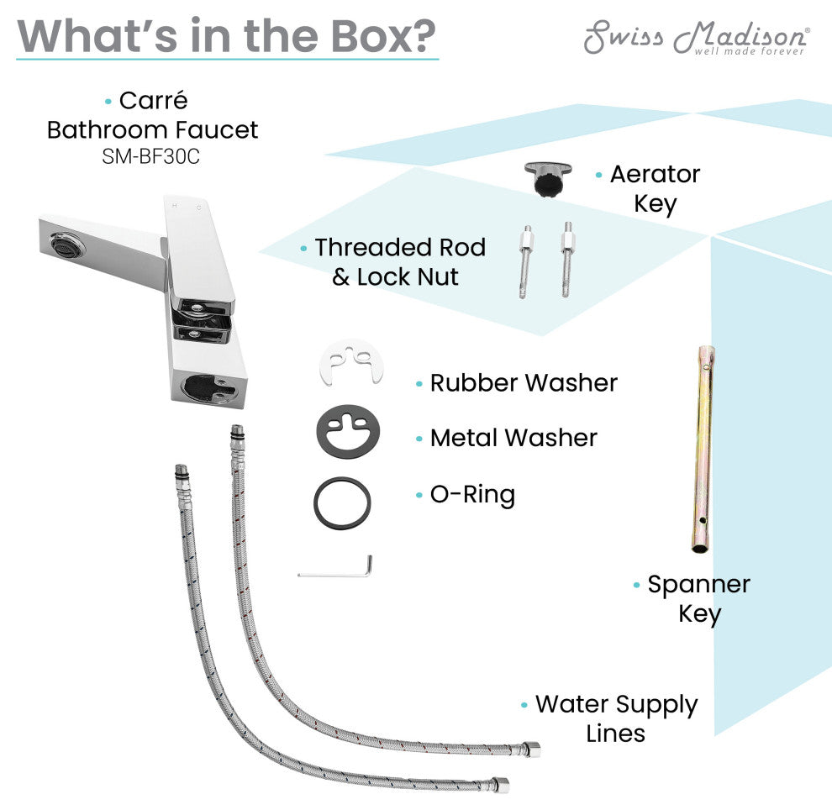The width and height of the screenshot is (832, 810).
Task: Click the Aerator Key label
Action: tap(655, 189)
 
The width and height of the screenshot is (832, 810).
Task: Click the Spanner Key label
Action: tap(698, 598)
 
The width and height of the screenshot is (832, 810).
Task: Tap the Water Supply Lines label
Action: tap(616, 718)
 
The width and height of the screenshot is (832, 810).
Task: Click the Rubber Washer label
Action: tap(524, 383)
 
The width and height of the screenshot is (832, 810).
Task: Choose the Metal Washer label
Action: tap(513, 438)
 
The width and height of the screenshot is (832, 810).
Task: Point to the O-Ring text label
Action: tap(472, 495)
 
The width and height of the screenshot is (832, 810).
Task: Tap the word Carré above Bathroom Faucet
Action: tap(153, 101)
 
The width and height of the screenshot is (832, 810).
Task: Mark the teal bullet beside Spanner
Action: tap(636, 585)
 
